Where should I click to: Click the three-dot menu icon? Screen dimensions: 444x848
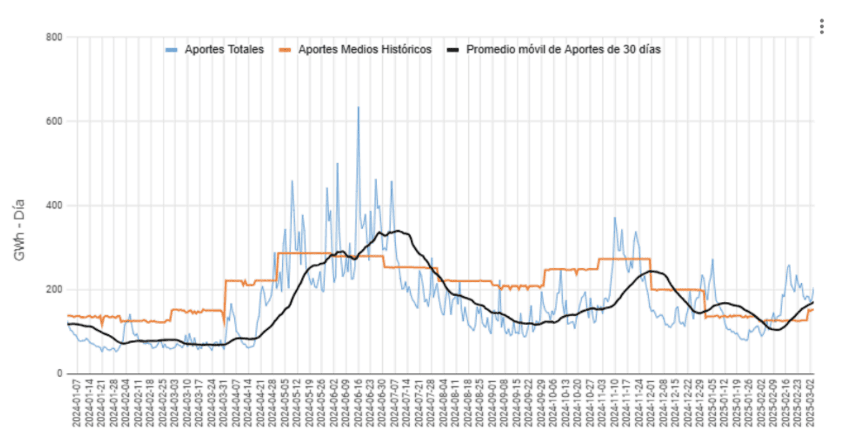pyautogui.click(x=821, y=26)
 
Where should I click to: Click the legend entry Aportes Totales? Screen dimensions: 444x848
pyautogui.click(x=224, y=50)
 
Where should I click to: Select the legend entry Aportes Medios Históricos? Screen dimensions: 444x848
pyautogui.click(x=365, y=50)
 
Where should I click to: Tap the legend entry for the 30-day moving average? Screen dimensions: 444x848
pyautogui.click(x=563, y=50)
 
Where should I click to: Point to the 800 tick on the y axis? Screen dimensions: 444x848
pyautogui.click(x=55, y=37)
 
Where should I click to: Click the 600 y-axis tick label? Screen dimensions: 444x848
pyautogui.click(x=55, y=121)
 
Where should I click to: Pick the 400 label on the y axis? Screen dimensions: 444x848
pyautogui.click(x=55, y=205)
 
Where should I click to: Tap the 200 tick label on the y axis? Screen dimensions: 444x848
pyautogui.click(x=55, y=289)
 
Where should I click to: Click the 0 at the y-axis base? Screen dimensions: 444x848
pyautogui.click(x=59, y=374)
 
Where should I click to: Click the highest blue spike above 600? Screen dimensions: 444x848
pyautogui.click(x=358, y=107)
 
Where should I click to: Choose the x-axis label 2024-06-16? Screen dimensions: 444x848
pyautogui.click(x=358, y=405)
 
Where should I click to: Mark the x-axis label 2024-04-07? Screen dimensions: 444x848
pyautogui.click(x=236, y=405)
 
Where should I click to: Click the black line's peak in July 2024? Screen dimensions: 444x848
pyautogui.click(x=398, y=231)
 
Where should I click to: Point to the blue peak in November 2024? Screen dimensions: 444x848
pyautogui.click(x=615, y=217)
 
